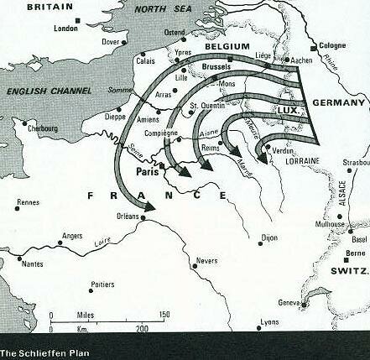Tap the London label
tap(65, 28)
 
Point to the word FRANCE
tap(158, 196)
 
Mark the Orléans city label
tap(127, 216)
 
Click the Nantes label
tap(32, 263)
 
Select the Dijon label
tap(268, 237)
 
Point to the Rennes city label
tap(28, 202)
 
